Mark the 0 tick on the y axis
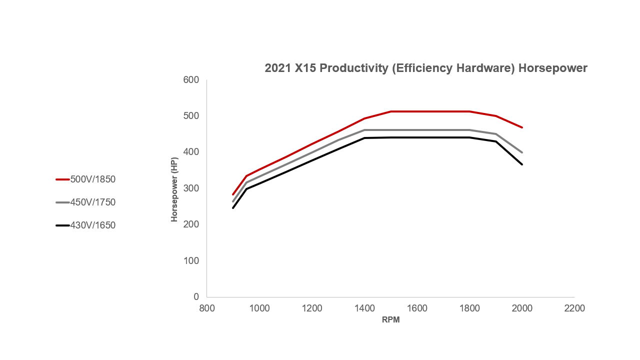pos(196,297)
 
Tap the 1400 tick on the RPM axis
pos(364,308)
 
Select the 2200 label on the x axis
pos(574,308)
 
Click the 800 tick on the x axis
pos(207,308)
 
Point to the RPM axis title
pos(390,320)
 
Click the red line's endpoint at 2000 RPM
pos(522,127)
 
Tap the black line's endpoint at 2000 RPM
pos(522,164)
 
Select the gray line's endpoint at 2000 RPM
pos(522,152)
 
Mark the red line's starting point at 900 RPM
pos(233,194)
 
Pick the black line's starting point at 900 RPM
pos(233,208)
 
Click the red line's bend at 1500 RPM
pos(390,111)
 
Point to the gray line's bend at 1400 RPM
pos(364,130)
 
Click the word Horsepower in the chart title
pos(552,68)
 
